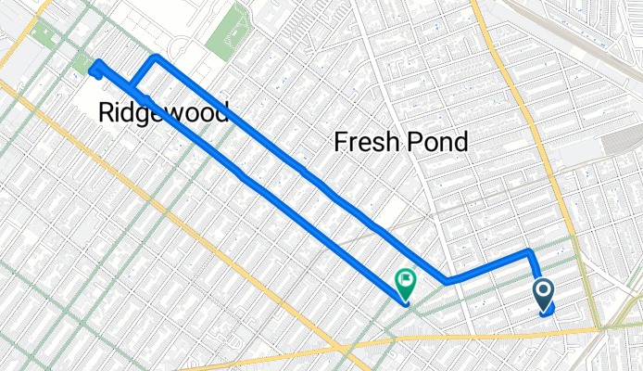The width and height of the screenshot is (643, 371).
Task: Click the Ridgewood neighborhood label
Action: [163, 112]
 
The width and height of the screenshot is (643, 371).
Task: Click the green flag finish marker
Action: [405, 279]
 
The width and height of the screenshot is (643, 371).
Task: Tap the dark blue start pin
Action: [544, 295]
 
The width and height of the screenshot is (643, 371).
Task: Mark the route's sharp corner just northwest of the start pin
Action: [529, 252]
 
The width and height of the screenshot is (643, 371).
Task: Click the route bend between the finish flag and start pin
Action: [448, 279]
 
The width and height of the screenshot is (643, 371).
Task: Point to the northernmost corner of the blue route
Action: [156, 58]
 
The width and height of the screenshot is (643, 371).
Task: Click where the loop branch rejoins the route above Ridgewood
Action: [132, 92]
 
